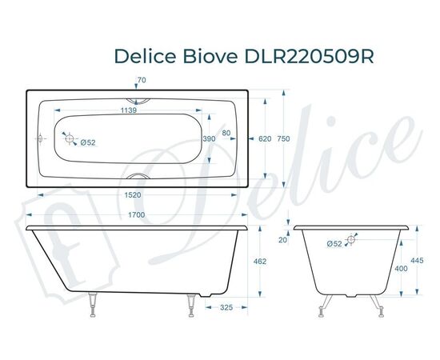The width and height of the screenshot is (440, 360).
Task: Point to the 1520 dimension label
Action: pyautogui.click(x=133, y=195)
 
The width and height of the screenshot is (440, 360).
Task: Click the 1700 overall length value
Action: pyautogui.click(x=135, y=216)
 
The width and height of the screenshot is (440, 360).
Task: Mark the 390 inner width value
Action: pyautogui.click(x=209, y=138)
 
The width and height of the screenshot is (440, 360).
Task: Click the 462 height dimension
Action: pyautogui.click(x=259, y=262)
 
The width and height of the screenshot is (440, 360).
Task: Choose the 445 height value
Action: pyautogui.click(x=415, y=260)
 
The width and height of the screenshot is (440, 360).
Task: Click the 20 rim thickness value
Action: pyautogui.click(x=282, y=239)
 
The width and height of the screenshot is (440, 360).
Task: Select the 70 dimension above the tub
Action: pyautogui.click(x=142, y=81)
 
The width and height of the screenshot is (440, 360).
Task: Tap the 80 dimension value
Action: pyautogui.click(x=226, y=133)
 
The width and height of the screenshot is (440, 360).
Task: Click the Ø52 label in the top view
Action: pyautogui.click(x=88, y=142)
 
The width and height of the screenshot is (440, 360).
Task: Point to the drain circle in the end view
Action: pyautogui.click(x=354, y=238)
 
